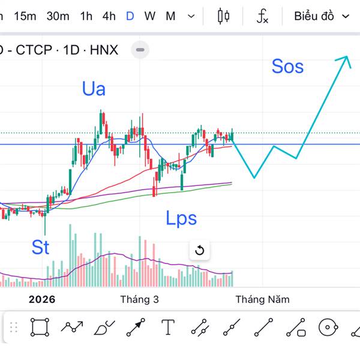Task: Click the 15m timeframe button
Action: point(25,16)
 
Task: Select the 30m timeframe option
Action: point(58,16)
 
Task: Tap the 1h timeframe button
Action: point(86,16)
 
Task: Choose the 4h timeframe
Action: point(109,16)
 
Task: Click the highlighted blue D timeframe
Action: point(130,16)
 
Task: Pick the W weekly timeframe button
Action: point(149,16)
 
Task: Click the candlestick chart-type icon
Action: point(224,16)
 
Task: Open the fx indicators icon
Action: point(262,16)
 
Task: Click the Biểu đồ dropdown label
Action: point(314,16)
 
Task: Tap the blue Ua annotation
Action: point(94,89)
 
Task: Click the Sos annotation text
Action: point(287,66)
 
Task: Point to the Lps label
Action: point(181,218)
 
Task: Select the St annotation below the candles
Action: point(40,247)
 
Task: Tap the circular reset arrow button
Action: point(200,250)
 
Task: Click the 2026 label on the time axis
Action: point(41,299)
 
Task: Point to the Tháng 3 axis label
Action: point(139,299)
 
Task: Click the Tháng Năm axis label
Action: point(262,299)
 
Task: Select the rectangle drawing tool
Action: point(40,328)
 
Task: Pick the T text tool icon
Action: point(168,328)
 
